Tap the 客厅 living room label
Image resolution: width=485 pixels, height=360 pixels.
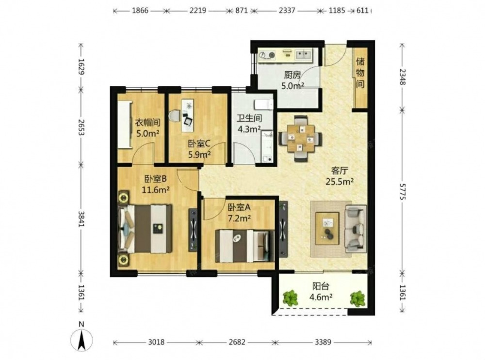click(339, 171)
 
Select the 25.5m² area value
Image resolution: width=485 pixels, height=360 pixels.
click(339, 182)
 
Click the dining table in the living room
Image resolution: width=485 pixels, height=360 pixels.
click(301, 139)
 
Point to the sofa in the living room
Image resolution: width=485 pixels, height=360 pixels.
click(356, 229)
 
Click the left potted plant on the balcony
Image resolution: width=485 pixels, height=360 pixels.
click(291, 298)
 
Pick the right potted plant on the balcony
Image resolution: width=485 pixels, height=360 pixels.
click(357, 298)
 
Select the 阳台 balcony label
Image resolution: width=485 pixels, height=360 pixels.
click(321, 286)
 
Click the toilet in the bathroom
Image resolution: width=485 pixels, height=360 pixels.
click(264, 105)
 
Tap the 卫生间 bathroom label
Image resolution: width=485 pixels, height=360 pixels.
click(250, 118)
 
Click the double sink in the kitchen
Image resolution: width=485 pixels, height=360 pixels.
click(304, 55)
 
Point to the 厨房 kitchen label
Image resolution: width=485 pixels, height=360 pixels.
click(292, 75)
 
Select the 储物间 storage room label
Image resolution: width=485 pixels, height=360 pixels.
click(360, 73)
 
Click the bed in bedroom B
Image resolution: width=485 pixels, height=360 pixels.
click(145, 229)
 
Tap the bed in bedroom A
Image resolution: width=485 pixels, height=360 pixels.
click(245, 246)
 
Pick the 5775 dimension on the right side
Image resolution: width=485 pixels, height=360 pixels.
click(402, 191)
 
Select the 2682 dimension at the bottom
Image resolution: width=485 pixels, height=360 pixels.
click(237, 343)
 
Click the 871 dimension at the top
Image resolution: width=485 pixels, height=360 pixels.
click(242, 11)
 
